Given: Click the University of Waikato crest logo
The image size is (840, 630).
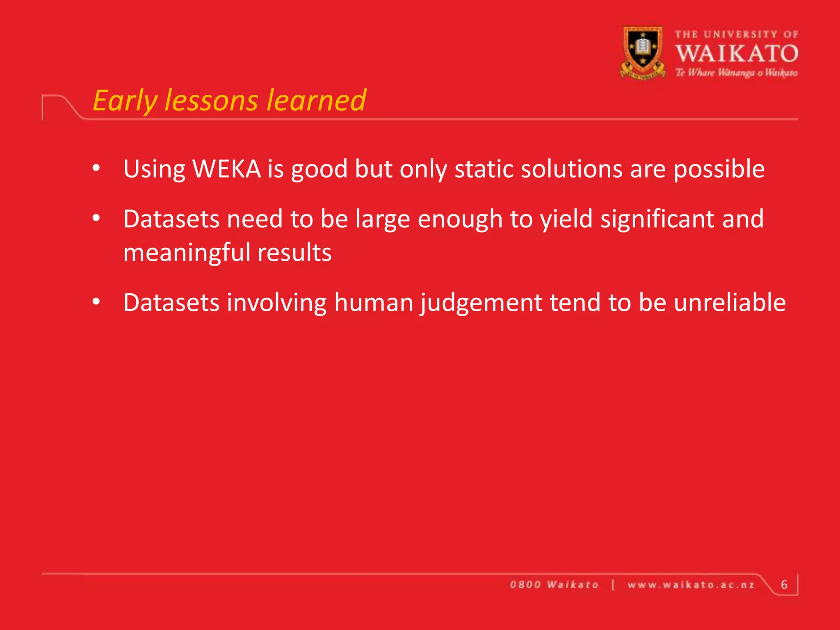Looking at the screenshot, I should (x=643, y=52).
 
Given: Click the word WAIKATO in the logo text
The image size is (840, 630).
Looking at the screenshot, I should (x=737, y=54).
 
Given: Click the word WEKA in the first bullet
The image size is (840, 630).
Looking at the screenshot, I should (x=226, y=169).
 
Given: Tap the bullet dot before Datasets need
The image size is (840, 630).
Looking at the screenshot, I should (x=96, y=218).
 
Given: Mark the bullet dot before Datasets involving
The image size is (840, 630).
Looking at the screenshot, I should (x=96, y=302).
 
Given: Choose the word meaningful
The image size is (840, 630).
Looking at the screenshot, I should (x=187, y=253).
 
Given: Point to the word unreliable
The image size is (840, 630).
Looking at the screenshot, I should (x=730, y=303).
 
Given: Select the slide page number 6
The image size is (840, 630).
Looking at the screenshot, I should (x=784, y=584).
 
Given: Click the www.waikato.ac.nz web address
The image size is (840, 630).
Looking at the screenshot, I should (x=691, y=585).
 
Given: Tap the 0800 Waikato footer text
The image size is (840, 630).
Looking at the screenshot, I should (x=554, y=585).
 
